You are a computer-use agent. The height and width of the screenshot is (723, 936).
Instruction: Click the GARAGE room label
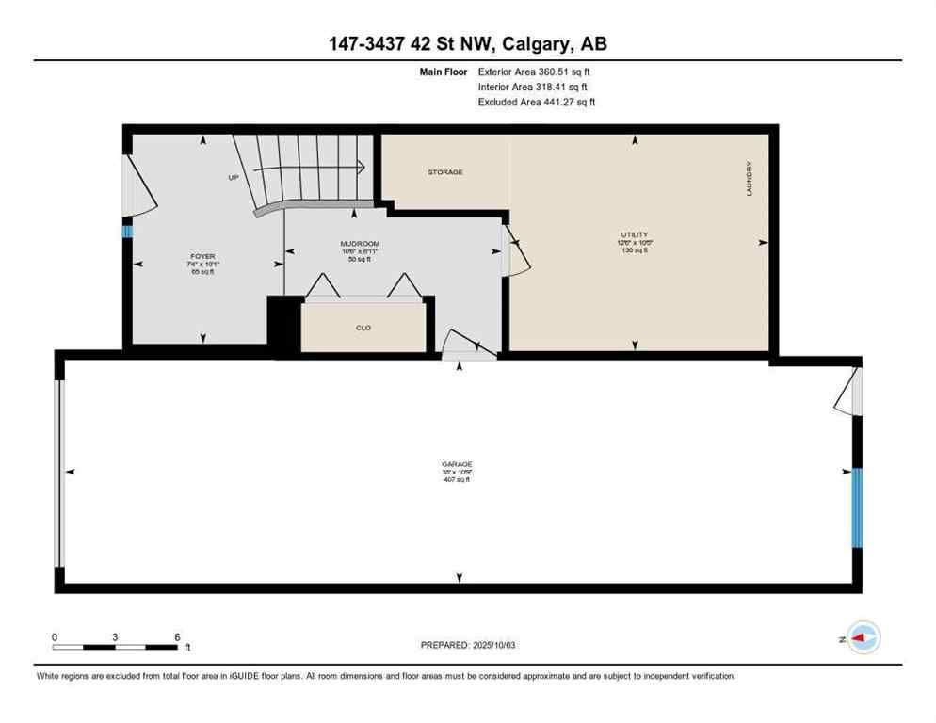point(456,464)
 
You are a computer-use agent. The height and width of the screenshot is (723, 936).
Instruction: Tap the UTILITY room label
point(635,234)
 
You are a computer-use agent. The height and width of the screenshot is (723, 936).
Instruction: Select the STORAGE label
point(445,172)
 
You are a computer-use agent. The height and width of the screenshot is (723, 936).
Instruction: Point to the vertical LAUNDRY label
point(750,178)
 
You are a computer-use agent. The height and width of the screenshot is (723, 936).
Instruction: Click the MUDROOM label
point(360,244)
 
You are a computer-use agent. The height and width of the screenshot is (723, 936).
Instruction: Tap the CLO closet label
point(363,329)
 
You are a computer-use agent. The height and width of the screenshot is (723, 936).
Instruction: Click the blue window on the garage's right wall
point(857,507)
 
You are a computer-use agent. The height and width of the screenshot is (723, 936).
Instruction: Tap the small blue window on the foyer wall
point(127,231)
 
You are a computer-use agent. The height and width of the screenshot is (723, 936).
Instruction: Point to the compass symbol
point(863,638)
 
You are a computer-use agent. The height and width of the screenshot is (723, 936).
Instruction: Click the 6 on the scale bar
point(177,636)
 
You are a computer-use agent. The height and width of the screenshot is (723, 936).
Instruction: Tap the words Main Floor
point(445,71)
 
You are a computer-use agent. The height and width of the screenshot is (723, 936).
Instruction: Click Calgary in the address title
point(536,43)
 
